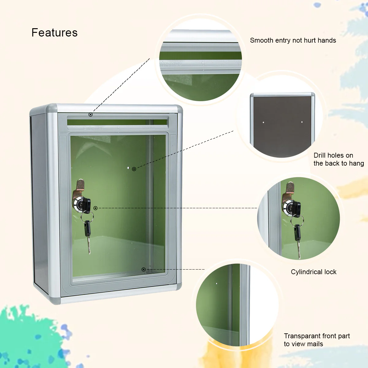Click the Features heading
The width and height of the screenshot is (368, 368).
(55, 33)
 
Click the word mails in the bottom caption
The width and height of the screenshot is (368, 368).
(315, 344)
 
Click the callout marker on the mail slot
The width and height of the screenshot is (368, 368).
(90, 114)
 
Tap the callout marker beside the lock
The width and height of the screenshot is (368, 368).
(95, 208)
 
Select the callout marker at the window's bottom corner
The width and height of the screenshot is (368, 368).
(144, 269)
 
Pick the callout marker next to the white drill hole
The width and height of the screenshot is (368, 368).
(134, 169)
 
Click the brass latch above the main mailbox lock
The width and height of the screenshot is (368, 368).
(80, 185)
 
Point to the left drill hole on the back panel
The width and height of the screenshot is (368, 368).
(263, 122)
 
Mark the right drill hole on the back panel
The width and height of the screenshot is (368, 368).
(302, 122)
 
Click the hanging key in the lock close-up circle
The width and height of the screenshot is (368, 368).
(297, 239)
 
